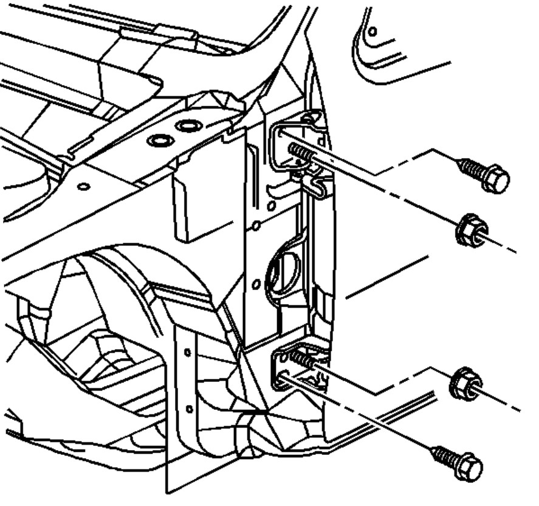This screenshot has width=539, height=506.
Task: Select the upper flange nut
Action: (x=469, y=230)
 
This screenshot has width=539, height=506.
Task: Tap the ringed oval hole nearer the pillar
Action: (x=188, y=126)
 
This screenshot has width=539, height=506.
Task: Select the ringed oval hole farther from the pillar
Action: (x=160, y=141)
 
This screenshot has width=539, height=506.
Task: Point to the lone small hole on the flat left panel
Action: (x=84, y=185)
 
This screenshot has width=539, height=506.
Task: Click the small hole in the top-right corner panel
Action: (x=372, y=30)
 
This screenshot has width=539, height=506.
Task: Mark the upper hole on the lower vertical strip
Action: (x=187, y=352)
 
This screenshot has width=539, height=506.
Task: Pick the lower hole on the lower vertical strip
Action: (x=188, y=408)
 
